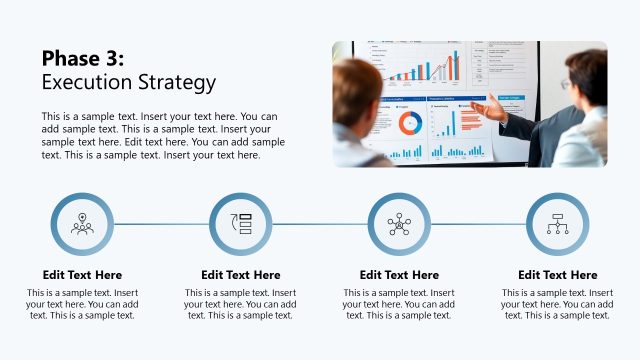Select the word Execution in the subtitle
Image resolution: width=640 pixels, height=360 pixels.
[x=86, y=82]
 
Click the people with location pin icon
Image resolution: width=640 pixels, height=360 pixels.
[x=82, y=224]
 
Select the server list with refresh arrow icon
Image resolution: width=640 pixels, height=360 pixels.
[x=241, y=224]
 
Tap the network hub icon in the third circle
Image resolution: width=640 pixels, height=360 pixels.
[x=399, y=224]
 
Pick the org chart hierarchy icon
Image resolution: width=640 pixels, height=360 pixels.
[x=557, y=224]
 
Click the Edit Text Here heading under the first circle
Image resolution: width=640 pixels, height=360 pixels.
[x=82, y=275]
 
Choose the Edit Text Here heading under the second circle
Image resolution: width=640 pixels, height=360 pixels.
[x=241, y=275]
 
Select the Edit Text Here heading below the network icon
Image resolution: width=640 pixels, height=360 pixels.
[x=399, y=275]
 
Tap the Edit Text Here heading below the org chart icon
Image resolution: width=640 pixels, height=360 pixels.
[x=557, y=275]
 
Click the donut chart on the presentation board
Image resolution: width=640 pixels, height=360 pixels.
[x=410, y=123]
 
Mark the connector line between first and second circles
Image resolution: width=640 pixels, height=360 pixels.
[x=161, y=224]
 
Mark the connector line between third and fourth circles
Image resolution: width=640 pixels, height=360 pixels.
[x=478, y=224]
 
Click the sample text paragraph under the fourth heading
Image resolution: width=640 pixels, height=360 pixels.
[x=557, y=304]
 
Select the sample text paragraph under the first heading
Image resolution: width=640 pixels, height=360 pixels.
[x=82, y=304]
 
